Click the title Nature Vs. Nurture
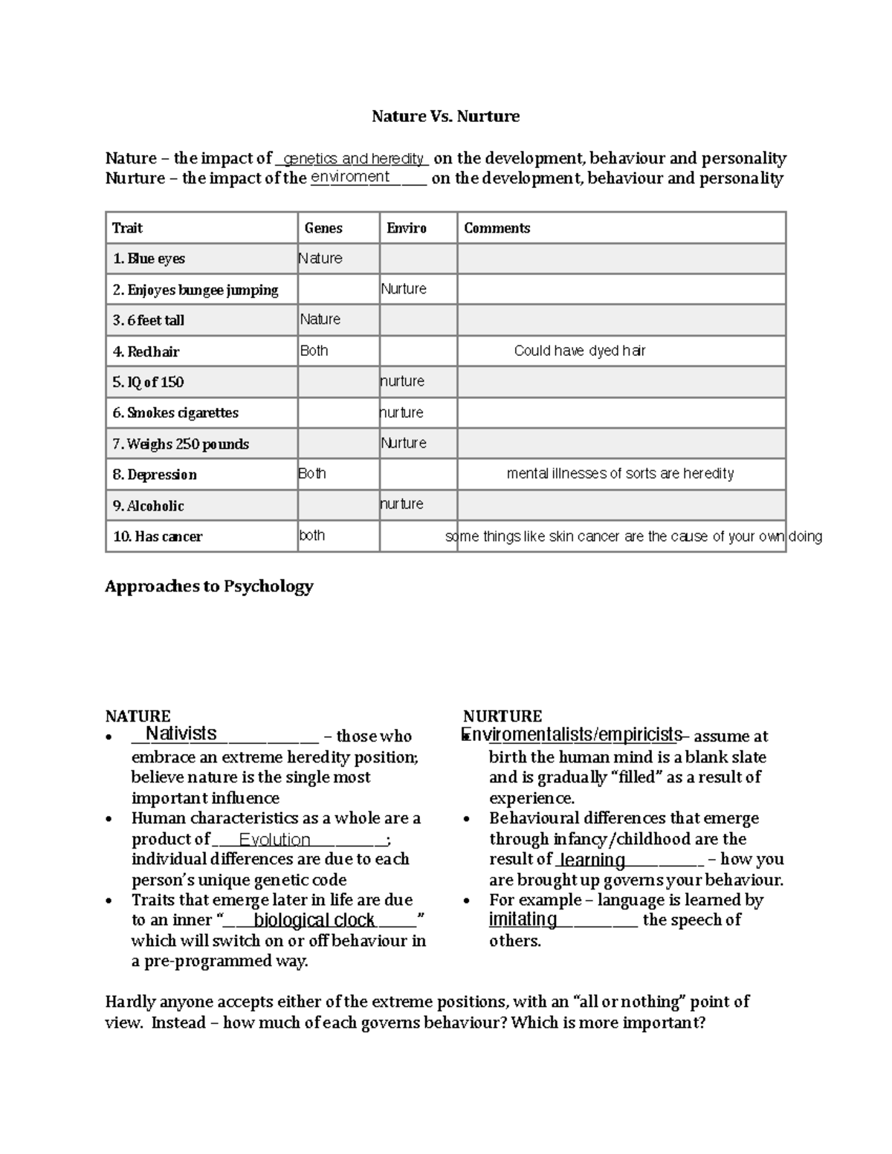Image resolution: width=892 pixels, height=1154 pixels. point(445,117)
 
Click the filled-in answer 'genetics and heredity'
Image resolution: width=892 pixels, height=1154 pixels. point(353,158)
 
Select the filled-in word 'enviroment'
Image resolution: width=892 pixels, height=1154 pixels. point(350,177)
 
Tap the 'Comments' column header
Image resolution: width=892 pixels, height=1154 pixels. point(497,228)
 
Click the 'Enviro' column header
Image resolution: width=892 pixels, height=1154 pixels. point(406,228)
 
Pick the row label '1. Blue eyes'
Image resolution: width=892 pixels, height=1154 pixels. point(149,259)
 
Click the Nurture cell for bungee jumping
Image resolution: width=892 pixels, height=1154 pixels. point(404,289)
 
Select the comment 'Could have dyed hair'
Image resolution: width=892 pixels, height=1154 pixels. point(579,351)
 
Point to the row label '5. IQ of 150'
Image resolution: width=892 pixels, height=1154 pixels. point(148,382)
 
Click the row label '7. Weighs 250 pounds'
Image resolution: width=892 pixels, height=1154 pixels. point(181,444)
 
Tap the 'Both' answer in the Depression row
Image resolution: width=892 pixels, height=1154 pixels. point(312,473)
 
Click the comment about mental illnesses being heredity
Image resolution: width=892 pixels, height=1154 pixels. point(620,473)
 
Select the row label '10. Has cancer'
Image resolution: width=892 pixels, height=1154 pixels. point(158,536)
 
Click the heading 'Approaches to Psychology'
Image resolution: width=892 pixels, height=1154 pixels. point(209,586)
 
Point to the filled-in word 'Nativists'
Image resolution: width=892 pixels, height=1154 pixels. point(181,733)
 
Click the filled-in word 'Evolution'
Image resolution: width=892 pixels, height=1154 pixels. point(274,840)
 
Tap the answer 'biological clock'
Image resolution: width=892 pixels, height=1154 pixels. point(314,920)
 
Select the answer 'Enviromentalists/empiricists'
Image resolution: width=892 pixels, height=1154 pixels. point(572,735)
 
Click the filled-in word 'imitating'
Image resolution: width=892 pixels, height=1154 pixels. point(523,919)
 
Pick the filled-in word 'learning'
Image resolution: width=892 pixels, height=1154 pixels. point(592,860)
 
